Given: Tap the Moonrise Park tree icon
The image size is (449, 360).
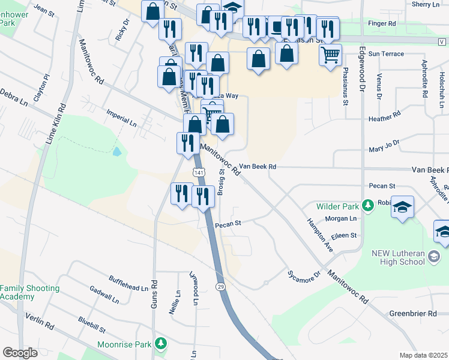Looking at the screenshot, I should [x=160, y=344].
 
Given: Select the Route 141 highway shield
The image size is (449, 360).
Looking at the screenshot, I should [x=199, y=172].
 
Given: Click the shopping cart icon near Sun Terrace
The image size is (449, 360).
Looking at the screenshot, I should [x=330, y=55].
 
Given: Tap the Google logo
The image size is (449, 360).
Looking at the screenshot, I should [x=20, y=352].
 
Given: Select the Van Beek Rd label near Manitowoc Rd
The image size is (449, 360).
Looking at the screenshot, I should [x=258, y=166].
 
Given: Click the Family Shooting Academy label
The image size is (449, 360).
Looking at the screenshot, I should [x=30, y=293].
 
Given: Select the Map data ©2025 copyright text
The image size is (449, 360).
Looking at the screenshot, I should [x=423, y=355].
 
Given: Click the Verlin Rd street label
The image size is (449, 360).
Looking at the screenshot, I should [x=40, y=322].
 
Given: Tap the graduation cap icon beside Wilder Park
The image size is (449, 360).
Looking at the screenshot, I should [x=402, y=208].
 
